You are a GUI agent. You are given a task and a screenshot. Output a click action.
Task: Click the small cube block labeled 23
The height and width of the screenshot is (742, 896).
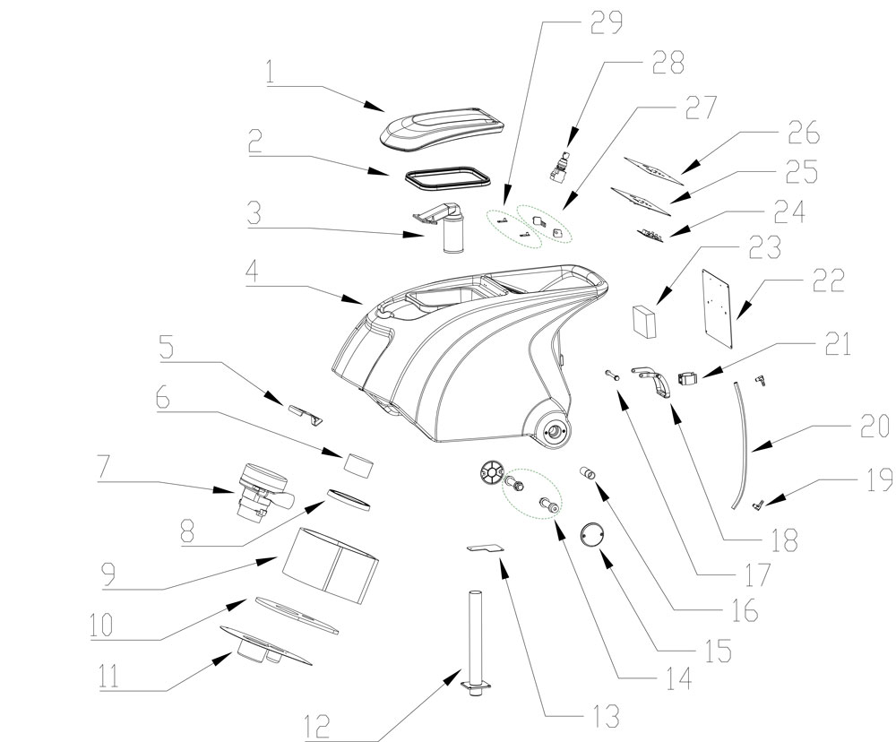tap(644, 319)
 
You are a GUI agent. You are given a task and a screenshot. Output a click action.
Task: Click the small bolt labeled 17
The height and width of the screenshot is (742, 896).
tap(612, 376)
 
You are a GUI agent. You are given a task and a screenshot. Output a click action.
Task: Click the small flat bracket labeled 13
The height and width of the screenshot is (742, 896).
tap(485, 548)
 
